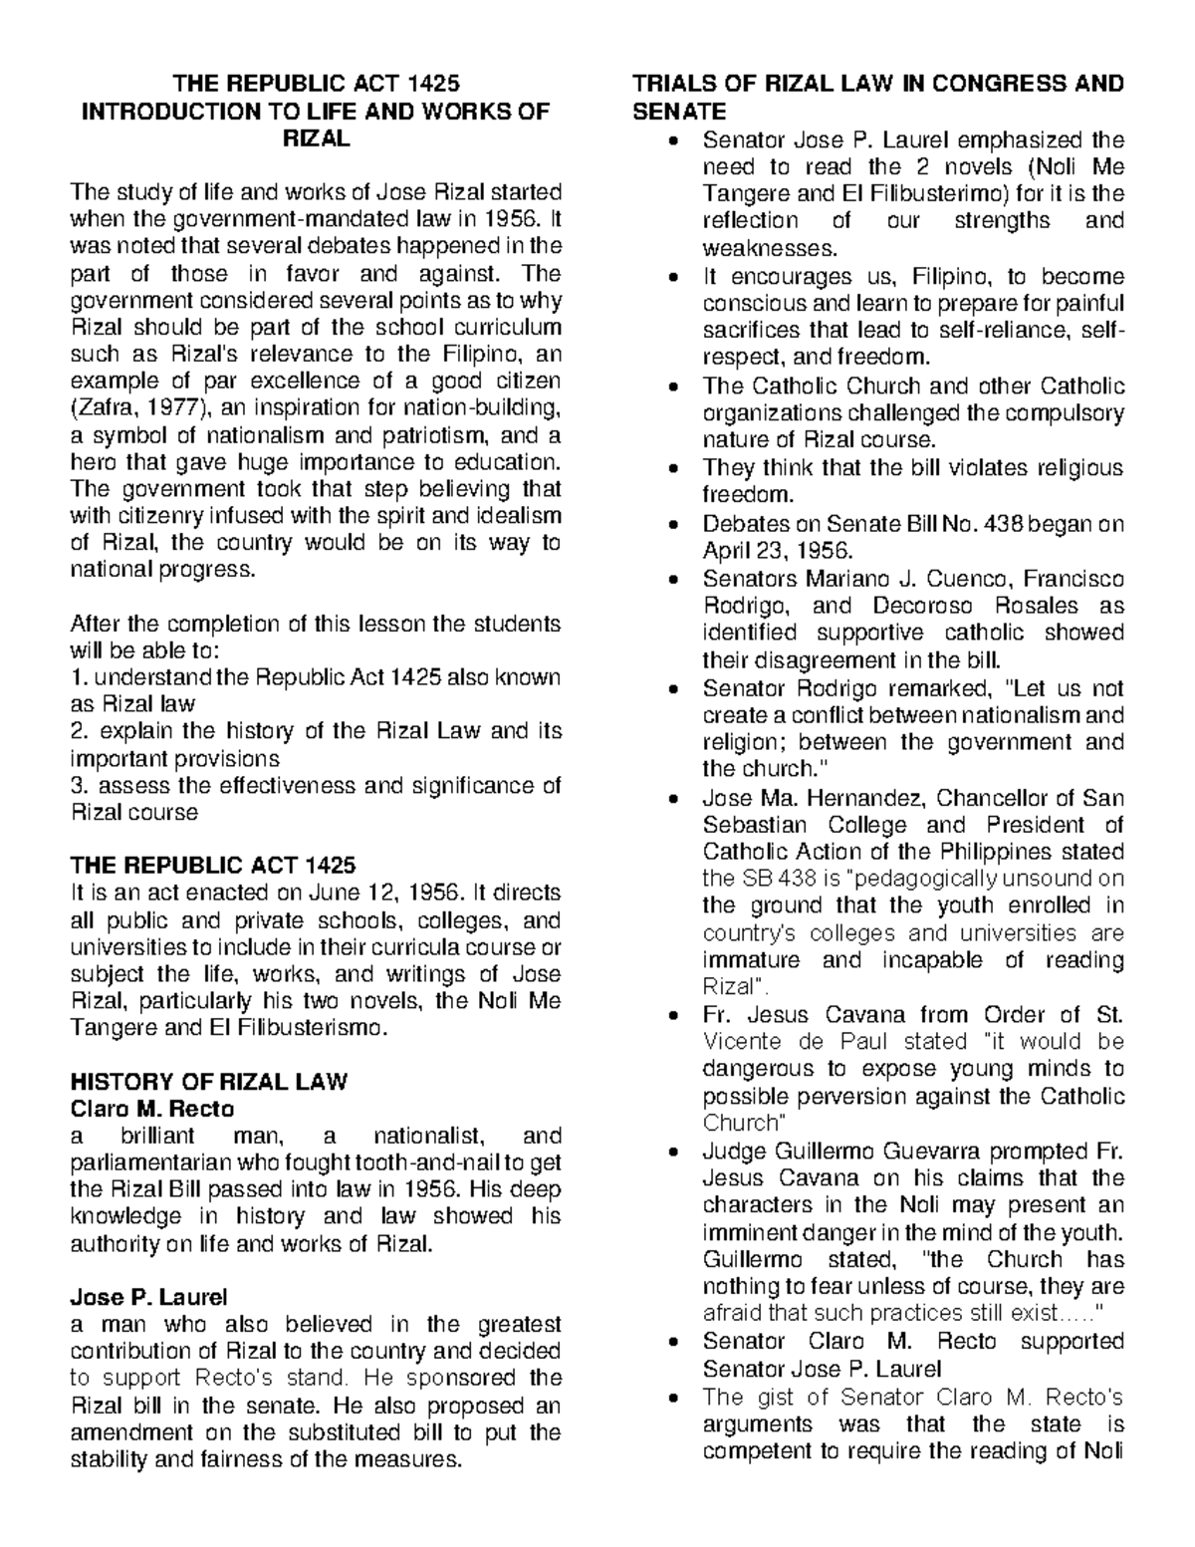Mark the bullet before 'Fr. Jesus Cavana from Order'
(x=677, y=1015)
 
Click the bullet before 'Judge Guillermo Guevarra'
(x=677, y=1152)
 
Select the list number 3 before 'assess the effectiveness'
(x=76, y=785)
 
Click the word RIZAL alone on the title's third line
(x=317, y=138)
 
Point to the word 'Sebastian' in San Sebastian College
(x=756, y=825)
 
